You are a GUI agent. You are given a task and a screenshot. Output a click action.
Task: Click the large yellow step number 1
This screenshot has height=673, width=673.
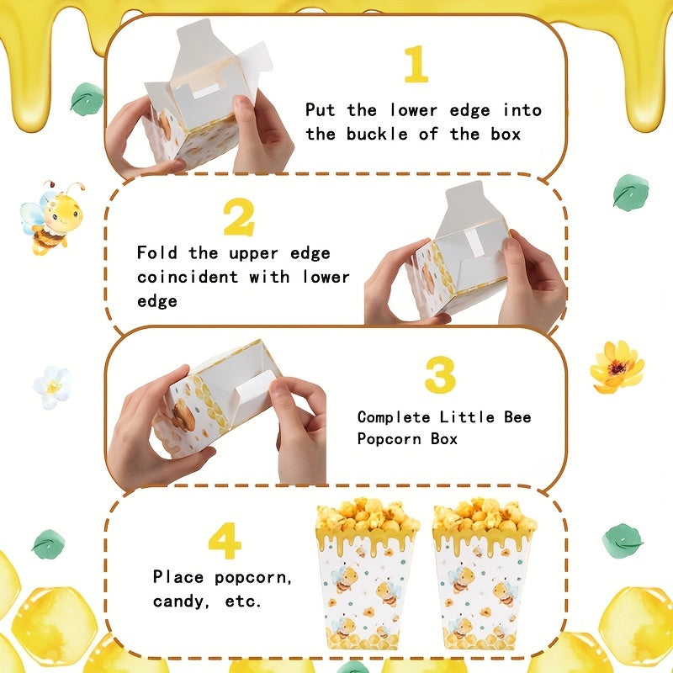pyautogui.click(x=416, y=64)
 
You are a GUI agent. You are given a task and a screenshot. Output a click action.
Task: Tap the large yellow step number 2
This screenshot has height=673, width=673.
pyautogui.click(x=239, y=217)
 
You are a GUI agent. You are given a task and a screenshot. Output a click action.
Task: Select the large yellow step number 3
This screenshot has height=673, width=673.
pyautogui.click(x=440, y=374)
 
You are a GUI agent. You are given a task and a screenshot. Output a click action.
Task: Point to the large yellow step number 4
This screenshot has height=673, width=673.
pyautogui.click(x=225, y=541)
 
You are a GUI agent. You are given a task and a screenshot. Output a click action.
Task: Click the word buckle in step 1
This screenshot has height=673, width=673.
pyautogui.click(x=377, y=135)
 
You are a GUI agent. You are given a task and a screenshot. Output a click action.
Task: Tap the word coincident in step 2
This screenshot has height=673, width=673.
pyautogui.click(x=188, y=277)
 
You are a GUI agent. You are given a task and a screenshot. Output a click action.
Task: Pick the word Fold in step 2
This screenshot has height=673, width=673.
pyautogui.click(x=157, y=252)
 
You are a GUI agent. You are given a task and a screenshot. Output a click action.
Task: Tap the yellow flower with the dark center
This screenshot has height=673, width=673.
pyautogui.click(x=617, y=367)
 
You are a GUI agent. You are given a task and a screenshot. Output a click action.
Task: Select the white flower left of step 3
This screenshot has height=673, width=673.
pyautogui.click(x=52, y=387)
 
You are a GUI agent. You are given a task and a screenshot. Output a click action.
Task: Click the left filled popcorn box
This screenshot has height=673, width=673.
pyautogui.click(x=367, y=573)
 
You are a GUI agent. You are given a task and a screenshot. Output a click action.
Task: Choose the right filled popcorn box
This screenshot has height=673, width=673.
pyautogui.click(x=484, y=573)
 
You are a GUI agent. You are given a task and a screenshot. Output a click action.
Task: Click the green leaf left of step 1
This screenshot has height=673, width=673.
pyautogui.click(x=87, y=99)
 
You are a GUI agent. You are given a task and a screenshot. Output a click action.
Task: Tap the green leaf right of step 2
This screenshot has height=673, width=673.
pyautogui.click(x=630, y=193)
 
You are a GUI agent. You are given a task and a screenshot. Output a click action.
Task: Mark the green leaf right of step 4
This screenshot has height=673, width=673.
pyautogui.click(x=623, y=541)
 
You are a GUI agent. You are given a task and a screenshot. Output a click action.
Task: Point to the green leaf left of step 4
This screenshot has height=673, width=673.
pyautogui.click(x=49, y=544)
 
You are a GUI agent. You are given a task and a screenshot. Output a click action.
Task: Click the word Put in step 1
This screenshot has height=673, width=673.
pyautogui.click(x=320, y=110)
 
